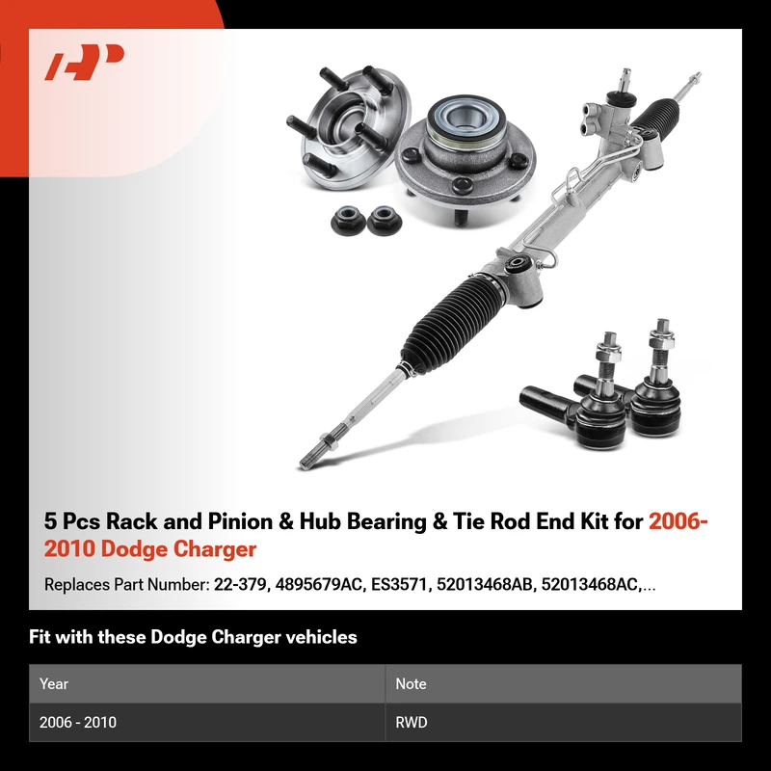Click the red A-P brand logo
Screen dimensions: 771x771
84,62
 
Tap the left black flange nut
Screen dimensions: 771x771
349,220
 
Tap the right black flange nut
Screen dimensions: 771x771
384,220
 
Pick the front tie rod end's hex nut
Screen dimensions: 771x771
608,352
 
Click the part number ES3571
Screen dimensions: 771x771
398,585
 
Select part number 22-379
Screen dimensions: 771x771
240,585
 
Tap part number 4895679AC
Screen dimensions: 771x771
319,585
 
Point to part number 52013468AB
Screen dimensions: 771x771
485,585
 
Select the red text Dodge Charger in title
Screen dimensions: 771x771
178,549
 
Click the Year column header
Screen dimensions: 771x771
54,684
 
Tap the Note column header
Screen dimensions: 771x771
411,684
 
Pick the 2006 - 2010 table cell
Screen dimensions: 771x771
78,722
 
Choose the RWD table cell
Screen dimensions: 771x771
412,722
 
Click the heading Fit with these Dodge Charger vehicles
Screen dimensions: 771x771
193,637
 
